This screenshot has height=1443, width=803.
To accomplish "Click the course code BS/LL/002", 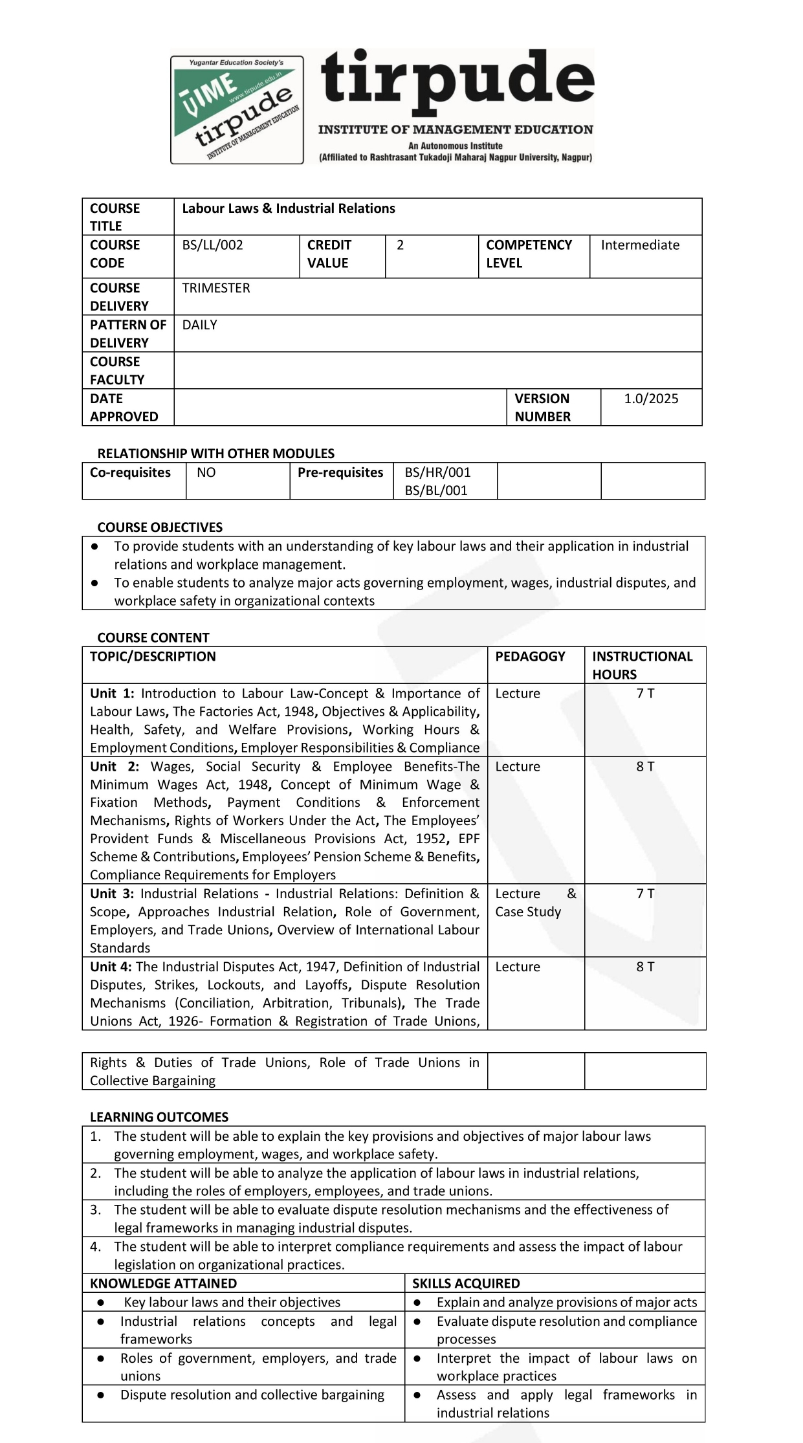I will click(x=212, y=245).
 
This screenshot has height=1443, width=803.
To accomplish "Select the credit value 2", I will click(x=400, y=245).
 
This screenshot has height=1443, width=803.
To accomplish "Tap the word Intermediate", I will click(x=639, y=245).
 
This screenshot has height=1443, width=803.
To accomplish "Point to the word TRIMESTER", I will click(x=215, y=288).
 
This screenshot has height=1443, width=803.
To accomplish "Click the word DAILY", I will click(x=199, y=325).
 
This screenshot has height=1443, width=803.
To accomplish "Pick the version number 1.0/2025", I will click(x=650, y=399).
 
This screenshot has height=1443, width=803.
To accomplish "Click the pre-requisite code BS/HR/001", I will click(x=437, y=472).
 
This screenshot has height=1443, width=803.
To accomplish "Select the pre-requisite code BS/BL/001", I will click(x=436, y=490).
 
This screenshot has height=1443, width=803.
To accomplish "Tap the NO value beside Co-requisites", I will click(x=206, y=472).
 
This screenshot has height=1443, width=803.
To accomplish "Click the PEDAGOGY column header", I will click(x=530, y=657).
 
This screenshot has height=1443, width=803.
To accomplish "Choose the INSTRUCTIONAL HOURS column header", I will click(x=642, y=665).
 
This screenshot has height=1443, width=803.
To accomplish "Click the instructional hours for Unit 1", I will click(x=645, y=694).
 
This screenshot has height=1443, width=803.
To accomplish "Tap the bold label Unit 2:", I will click(x=115, y=767).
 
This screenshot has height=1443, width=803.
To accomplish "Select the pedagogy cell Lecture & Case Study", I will click(x=535, y=903).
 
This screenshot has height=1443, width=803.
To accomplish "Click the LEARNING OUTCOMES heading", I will click(x=159, y=1117).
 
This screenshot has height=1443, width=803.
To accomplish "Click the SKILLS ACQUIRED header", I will click(x=466, y=1283).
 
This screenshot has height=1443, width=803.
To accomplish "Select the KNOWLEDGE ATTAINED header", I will click(x=163, y=1283).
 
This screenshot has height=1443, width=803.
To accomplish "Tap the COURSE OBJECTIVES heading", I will click(x=160, y=527).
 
